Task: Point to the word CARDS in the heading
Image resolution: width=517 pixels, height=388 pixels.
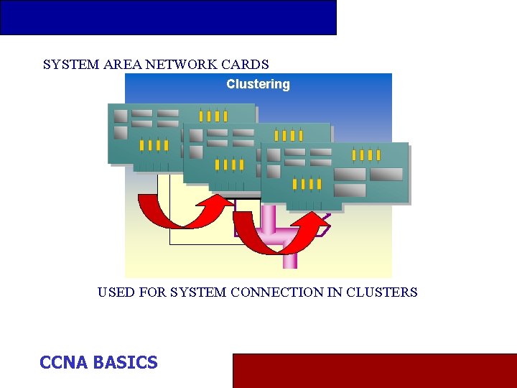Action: coord(246,64)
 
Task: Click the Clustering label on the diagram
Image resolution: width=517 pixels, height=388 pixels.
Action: coord(258,84)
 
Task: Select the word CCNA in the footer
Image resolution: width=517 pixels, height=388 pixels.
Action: coord(64,362)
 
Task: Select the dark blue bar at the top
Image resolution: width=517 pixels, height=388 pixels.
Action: coord(168,17)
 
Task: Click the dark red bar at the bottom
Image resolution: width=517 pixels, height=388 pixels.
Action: coord(374,370)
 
